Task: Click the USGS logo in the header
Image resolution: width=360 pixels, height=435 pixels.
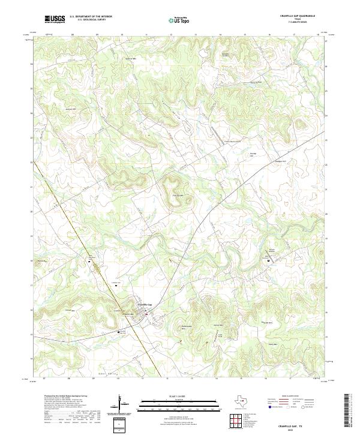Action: pos(55,19)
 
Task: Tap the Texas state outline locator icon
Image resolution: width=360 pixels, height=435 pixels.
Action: pos(245,401)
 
